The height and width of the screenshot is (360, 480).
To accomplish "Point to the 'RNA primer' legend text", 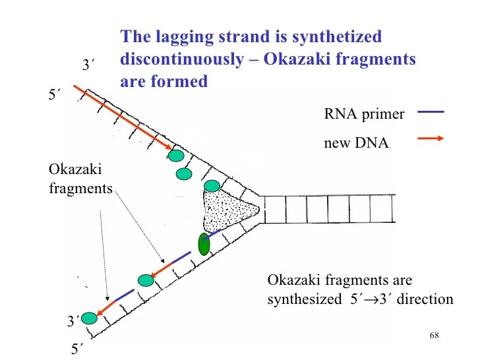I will click(364, 113).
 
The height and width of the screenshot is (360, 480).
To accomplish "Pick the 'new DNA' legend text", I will click(356, 142).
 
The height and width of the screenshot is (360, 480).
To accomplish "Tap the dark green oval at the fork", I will click(204, 244).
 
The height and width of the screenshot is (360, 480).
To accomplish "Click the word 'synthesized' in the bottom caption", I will click(301, 300).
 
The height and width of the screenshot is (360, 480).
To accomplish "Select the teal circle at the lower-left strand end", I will click(89, 318).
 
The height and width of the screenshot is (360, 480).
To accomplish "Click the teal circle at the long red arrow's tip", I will click(176, 156).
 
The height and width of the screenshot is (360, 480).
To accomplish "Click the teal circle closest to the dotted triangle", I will click(212, 185).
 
